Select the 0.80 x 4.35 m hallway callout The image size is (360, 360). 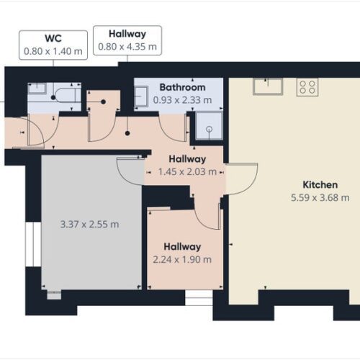[127, 40]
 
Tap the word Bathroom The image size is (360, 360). [182, 87]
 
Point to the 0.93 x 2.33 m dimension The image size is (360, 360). [182, 99]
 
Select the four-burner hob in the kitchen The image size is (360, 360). [307, 87]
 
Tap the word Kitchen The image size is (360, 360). [320, 184]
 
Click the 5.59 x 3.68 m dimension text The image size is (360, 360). [320, 197]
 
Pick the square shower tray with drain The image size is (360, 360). [208, 130]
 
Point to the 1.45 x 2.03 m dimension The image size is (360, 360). [186, 171]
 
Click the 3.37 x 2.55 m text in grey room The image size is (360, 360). [89, 224]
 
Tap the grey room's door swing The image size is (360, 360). [130, 171]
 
